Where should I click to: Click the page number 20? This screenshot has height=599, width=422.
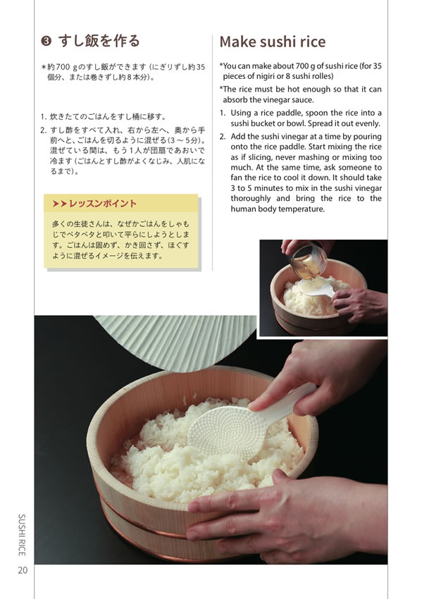pyautogui.click(x=23, y=570)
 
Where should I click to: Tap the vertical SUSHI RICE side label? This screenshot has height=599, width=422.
pyautogui.click(x=22, y=535)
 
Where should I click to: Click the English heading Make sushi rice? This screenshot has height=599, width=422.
pyautogui.click(x=273, y=42)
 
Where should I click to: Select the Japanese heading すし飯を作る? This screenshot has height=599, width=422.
pyautogui.click(x=99, y=41)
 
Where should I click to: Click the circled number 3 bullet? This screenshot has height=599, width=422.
pyautogui.click(x=46, y=41)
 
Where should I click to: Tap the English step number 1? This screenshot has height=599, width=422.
pyautogui.click(x=223, y=113)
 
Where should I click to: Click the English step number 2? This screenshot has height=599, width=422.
pyautogui.click(x=223, y=137)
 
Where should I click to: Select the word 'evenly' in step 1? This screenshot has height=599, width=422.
pyautogui.click(x=367, y=124)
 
